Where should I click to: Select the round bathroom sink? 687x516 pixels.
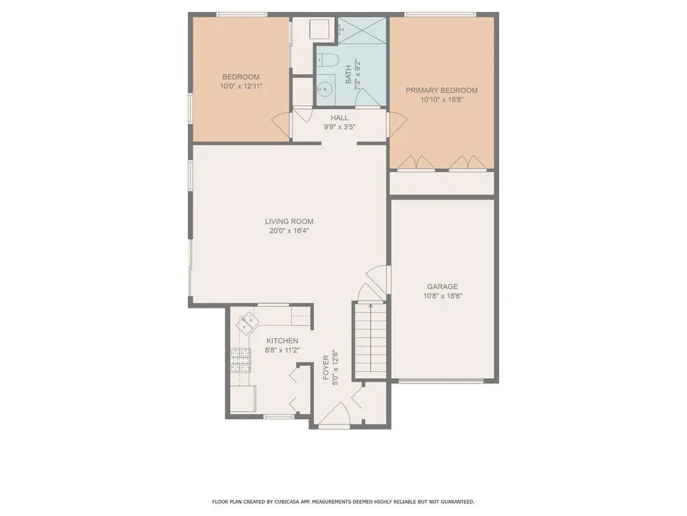point(327,88)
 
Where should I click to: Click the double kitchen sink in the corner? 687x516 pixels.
point(246,322)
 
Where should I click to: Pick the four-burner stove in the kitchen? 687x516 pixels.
point(239,361)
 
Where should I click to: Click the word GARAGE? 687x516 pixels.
point(442,286)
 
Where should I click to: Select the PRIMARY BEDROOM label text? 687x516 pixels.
point(441,91)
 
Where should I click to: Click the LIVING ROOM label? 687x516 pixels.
point(288,221)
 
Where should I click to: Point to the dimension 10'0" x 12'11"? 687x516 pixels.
point(240,87)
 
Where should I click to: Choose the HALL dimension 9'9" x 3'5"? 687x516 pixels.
point(339,126)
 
